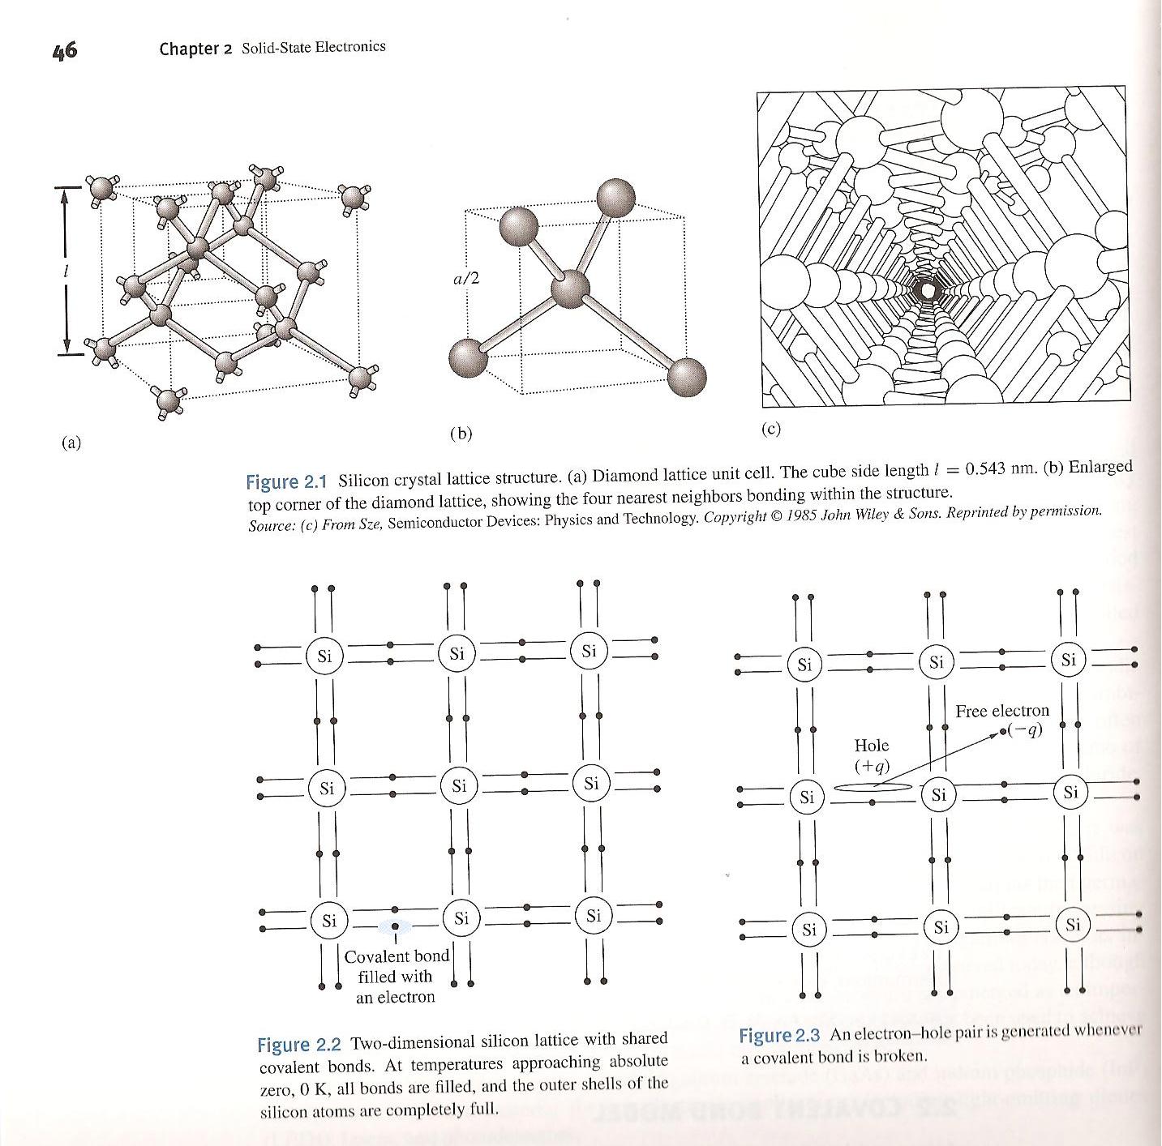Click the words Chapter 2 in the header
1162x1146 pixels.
[x=195, y=49]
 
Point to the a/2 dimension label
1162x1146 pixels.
[x=466, y=279]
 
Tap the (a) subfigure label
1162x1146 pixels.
[x=71, y=443]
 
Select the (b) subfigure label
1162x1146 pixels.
[x=461, y=434]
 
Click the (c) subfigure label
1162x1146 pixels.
[x=770, y=429]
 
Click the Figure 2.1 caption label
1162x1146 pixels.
[x=285, y=481]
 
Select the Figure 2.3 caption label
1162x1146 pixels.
[x=779, y=1036]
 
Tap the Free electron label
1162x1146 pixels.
[x=1001, y=711]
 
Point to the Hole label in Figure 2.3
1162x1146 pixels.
[x=872, y=746]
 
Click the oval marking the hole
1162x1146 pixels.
[x=873, y=786]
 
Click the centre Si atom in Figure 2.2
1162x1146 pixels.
[x=459, y=785]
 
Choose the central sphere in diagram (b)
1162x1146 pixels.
[x=572, y=287]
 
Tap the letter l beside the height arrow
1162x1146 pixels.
[x=66, y=270]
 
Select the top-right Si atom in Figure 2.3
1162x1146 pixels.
[x=1069, y=660]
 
